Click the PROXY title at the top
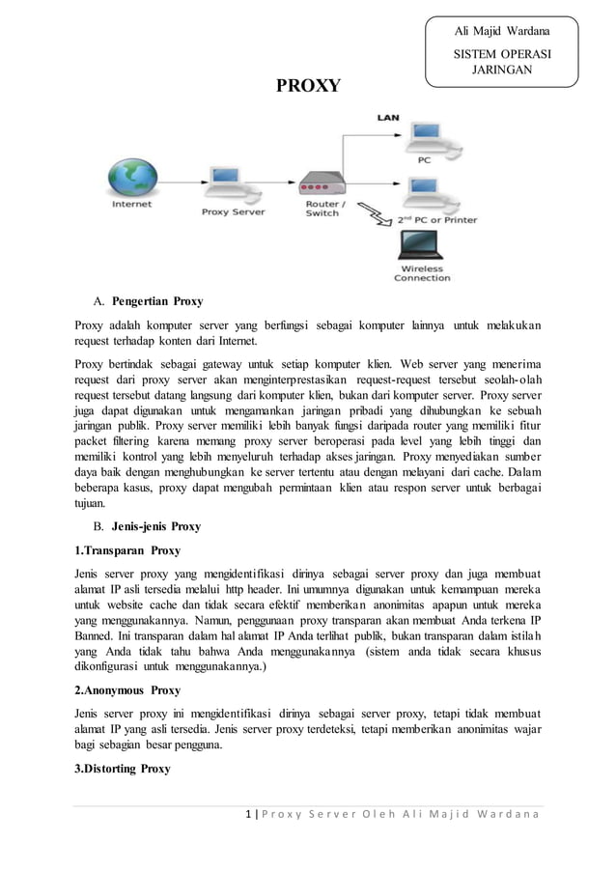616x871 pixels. (x=308, y=87)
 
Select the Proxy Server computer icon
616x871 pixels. (x=227, y=183)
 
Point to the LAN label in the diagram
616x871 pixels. (x=387, y=117)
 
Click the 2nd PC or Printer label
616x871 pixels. (x=437, y=220)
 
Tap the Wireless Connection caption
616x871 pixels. (x=422, y=273)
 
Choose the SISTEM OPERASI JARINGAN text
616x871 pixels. (x=501, y=63)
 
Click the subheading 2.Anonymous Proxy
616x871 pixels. (x=127, y=691)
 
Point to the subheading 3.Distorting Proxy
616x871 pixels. (x=123, y=769)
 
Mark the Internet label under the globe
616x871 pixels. (x=131, y=205)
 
